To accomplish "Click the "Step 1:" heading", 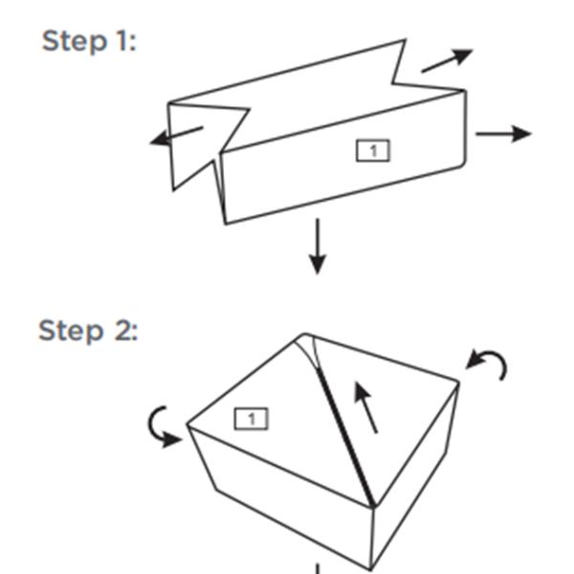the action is pyautogui.click(x=89, y=41).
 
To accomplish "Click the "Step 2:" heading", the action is pyautogui.click(x=88, y=331).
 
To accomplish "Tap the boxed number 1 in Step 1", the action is pyautogui.click(x=373, y=150).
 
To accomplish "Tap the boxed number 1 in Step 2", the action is pyautogui.click(x=251, y=418).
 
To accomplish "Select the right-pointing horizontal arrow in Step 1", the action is pyautogui.click(x=504, y=134).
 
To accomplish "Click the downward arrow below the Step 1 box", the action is pyautogui.click(x=318, y=247).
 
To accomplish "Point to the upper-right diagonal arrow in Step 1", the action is pyautogui.click(x=447, y=60).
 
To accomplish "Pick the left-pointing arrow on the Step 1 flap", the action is pyautogui.click(x=176, y=136).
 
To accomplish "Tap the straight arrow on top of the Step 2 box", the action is pyautogui.click(x=365, y=408).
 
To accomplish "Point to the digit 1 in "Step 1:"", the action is pyautogui.click(x=121, y=40).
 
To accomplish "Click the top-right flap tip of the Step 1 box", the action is pyautogui.click(x=406, y=39).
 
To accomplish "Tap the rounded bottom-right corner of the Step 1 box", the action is pyautogui.click(x=463, y=164).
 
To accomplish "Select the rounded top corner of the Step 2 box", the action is pyautogui.click(x=304, y=334).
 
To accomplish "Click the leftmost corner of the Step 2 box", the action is pyautogui.click(x=188, y=425).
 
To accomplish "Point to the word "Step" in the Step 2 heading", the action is pyautogui.click(x=70, y=331).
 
